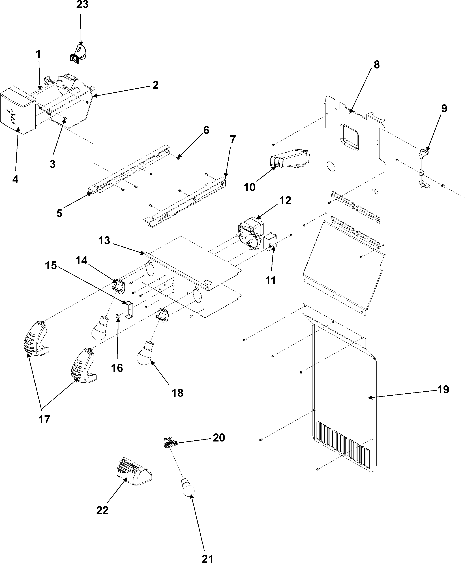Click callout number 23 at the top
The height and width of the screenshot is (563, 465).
pos(82,5)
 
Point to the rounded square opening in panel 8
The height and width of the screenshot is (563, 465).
pos(349,136)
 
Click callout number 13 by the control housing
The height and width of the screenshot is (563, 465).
pos(104,240)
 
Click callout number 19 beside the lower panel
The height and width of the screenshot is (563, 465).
pos(443,390)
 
